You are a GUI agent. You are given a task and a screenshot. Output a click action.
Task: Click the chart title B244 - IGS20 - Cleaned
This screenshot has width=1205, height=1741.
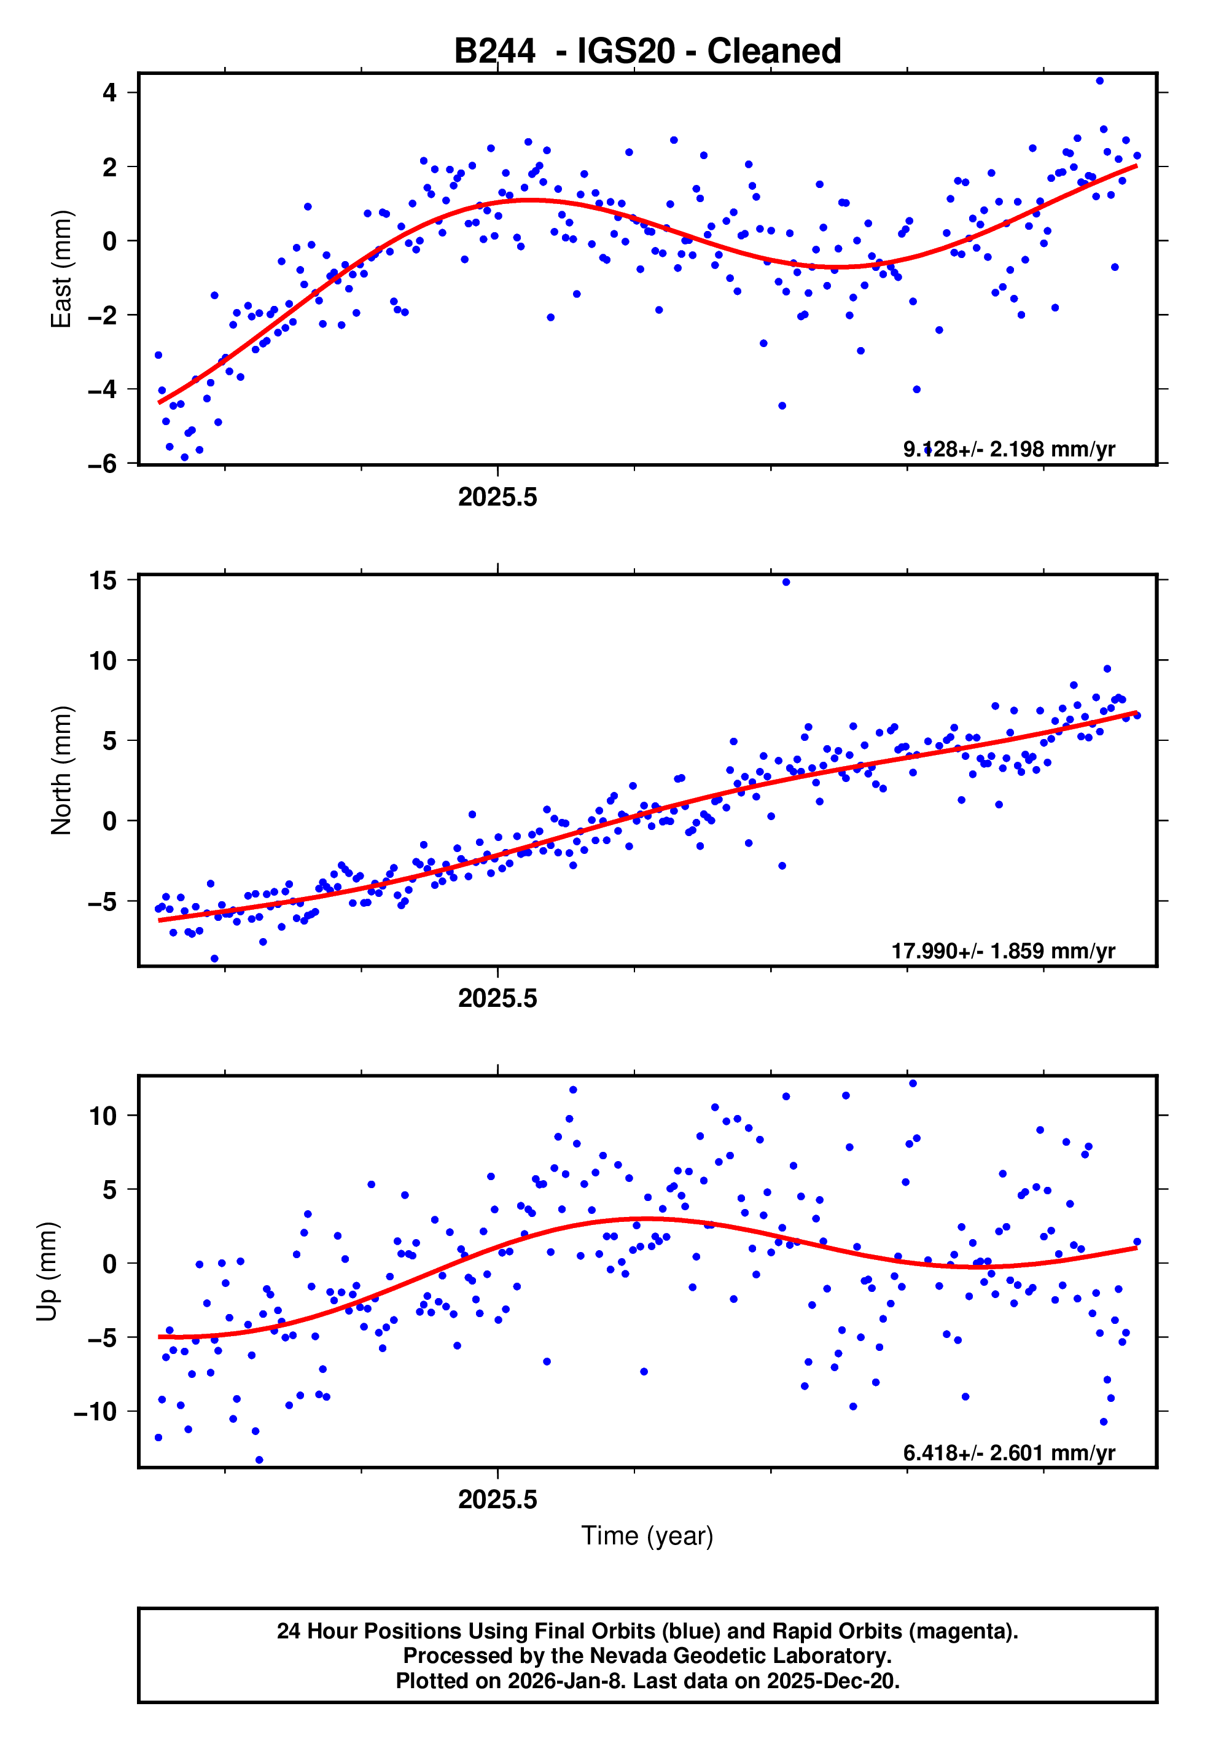click(647, 52)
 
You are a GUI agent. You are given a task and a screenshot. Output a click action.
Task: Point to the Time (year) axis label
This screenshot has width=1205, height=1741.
click(647, 1536)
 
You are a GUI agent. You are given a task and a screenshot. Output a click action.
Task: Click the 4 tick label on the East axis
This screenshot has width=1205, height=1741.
click(110, 93)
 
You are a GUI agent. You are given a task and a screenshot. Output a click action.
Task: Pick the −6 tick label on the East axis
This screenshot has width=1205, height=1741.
click(103, 464)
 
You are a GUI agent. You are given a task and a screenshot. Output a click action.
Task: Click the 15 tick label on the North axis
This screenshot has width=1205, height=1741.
click(103, 581)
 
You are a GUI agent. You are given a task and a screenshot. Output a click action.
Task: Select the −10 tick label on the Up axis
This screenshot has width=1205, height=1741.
click(96, 1412)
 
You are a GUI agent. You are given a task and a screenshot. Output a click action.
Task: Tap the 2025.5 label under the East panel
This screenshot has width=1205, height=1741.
click(497, 498)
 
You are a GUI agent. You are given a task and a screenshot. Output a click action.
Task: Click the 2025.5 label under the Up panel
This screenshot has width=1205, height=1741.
click(497, 1500)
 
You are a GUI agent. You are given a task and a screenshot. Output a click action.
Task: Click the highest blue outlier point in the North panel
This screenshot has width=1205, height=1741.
click(786, 582)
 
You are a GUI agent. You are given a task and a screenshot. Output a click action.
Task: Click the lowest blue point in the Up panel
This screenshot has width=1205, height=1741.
click(259, 1460)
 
